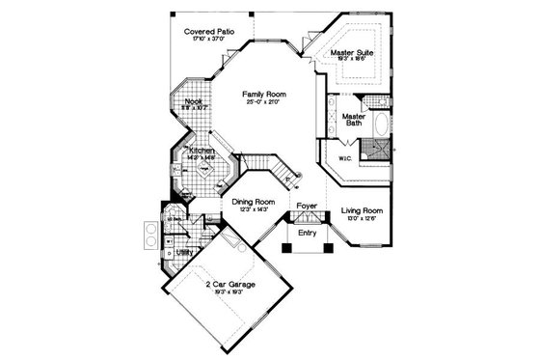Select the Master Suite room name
[x=351, y=54]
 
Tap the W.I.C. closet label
[x=344, y=157]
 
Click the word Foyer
[x=307, y=207]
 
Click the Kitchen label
[x=202, y=152]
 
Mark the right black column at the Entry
[x=329, y=245]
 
